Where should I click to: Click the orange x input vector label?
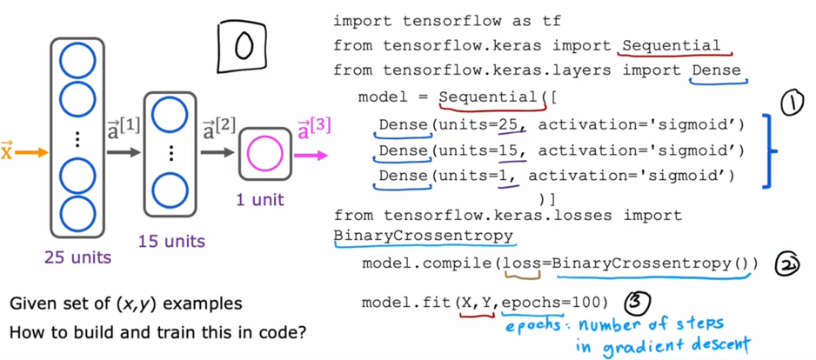7,152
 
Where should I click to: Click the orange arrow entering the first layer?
32,154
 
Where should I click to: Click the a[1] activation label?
123,130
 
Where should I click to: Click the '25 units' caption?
79,257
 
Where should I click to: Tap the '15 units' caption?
171,241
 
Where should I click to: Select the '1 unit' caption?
260,200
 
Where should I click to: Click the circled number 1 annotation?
793,104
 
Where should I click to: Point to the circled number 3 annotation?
638,303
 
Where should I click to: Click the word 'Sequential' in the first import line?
671,45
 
